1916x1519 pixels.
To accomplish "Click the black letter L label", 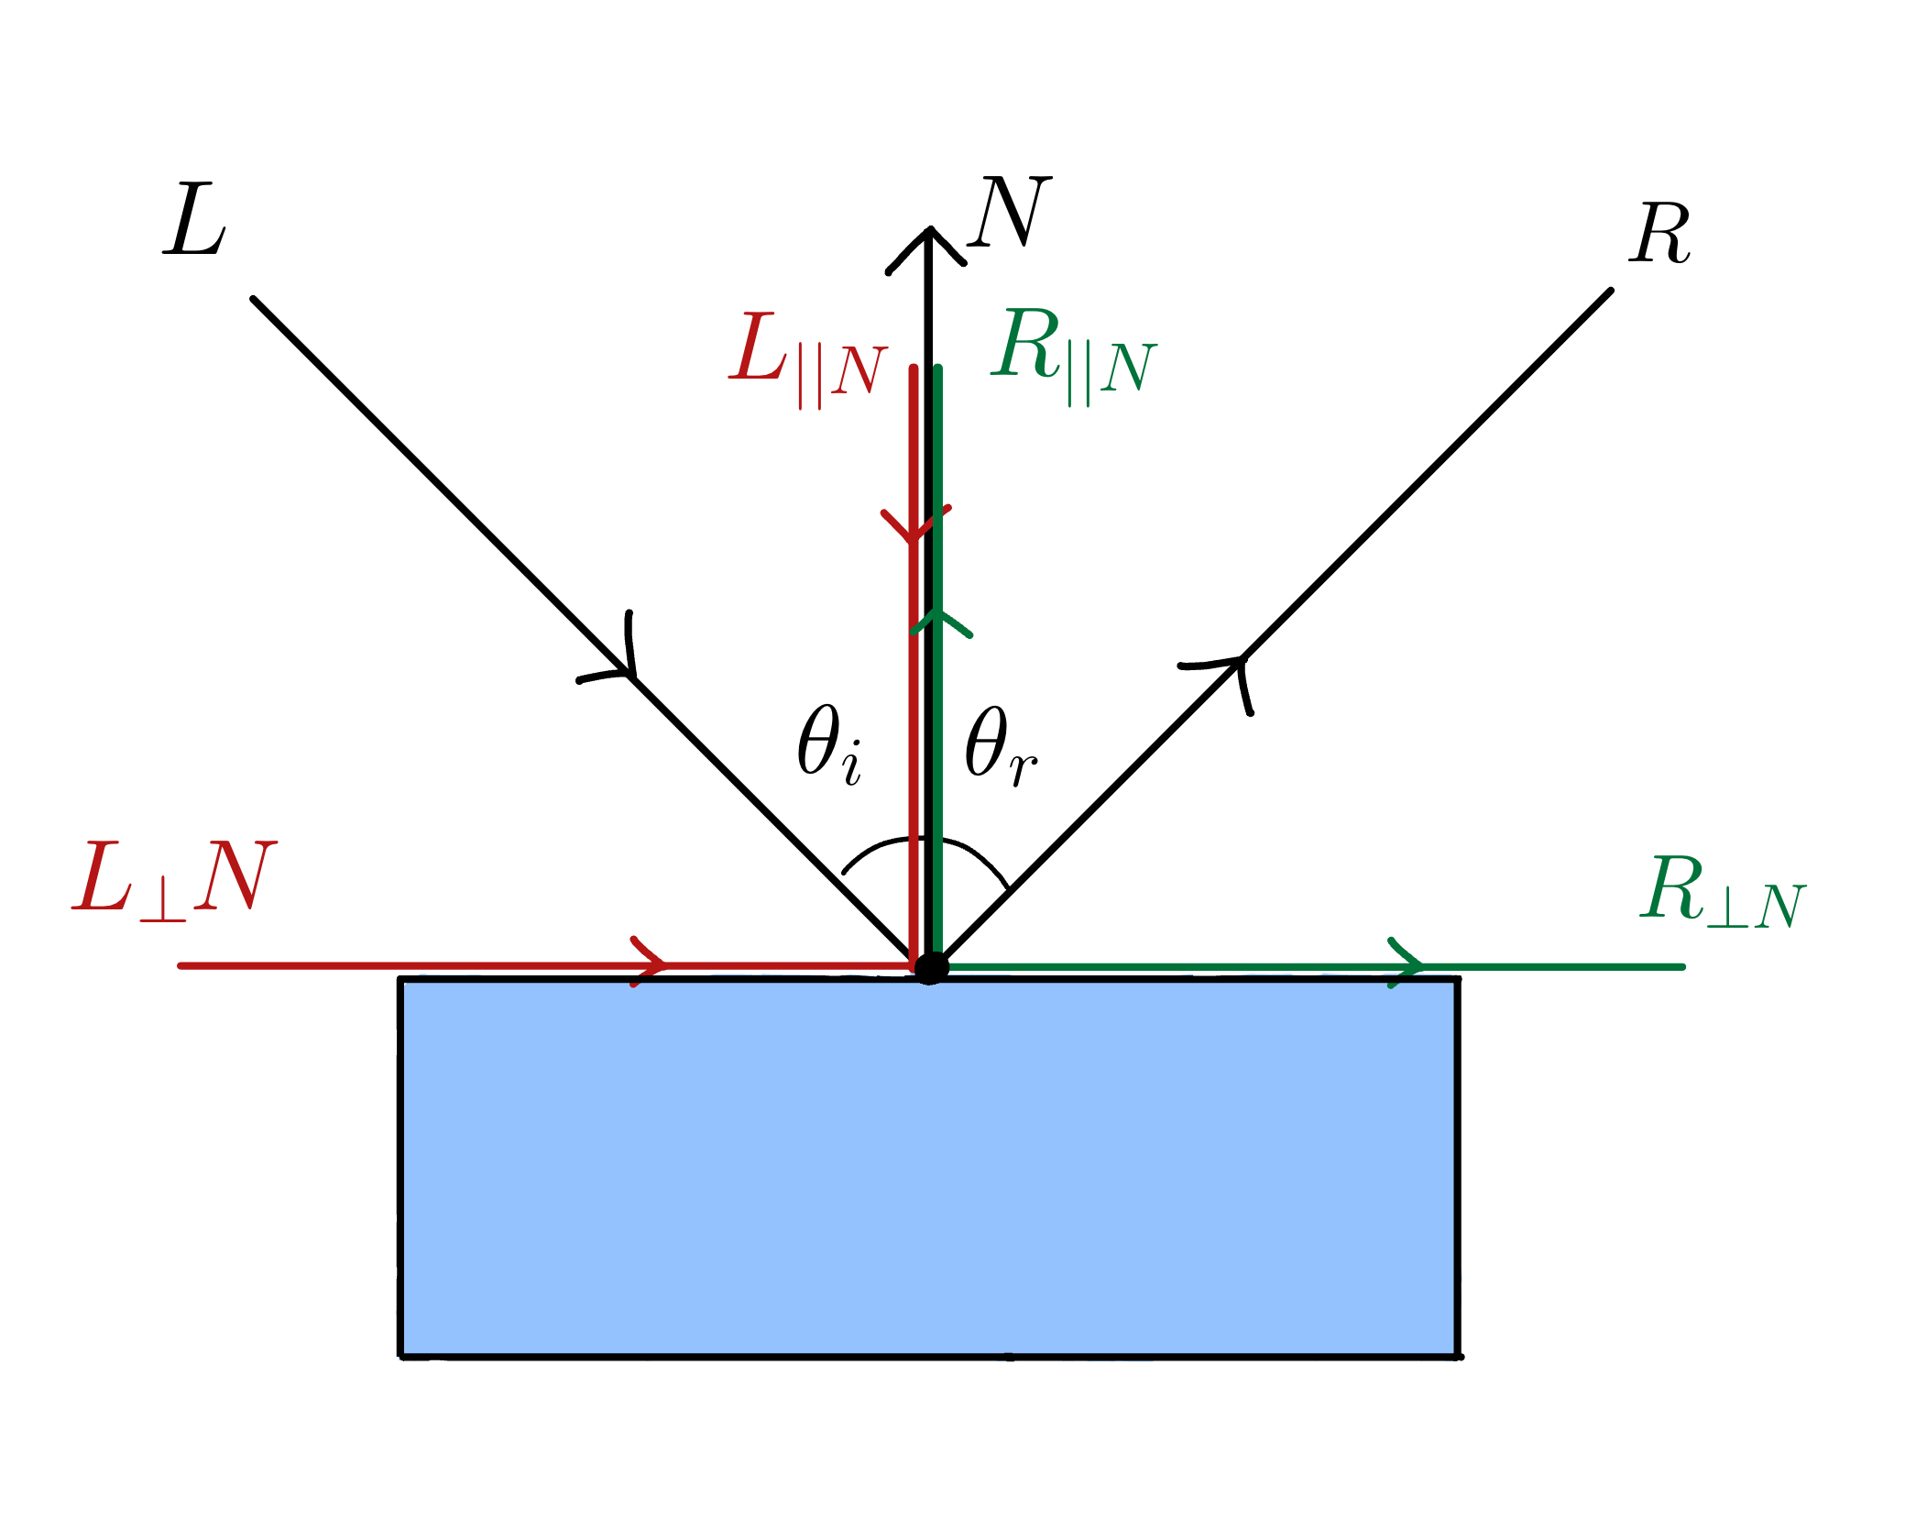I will coord(195,220).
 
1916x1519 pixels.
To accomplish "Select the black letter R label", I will coord(1659,235).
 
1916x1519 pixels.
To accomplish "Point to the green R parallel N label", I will coord(1073,354).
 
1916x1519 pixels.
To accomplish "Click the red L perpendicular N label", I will coord(174,878).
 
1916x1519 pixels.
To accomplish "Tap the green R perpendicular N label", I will coord(1722,891).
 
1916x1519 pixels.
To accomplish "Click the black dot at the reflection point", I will coord(931,967).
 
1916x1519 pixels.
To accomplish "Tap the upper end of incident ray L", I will coord(255,300).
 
